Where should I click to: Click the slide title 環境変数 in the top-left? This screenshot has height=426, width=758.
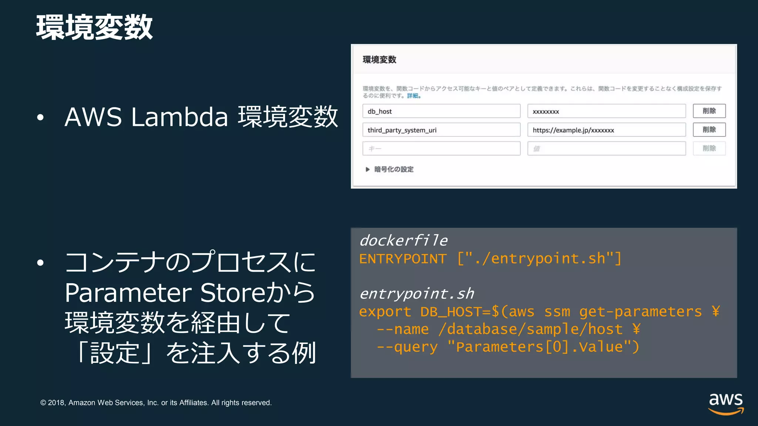coord(94,27)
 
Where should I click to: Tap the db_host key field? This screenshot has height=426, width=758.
coord(441,111)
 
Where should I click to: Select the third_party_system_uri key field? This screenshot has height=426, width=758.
coord(441,130)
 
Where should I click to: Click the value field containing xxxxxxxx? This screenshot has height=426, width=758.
coord(606,111)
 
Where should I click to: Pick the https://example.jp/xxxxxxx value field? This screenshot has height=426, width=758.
coord(606,130)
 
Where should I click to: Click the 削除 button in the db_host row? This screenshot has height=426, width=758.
coord(709,111)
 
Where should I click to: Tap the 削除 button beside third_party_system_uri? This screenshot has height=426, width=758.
coord(709,130)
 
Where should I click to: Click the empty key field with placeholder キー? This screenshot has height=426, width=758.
coord(441,149)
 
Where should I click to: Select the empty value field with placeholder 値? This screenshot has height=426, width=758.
coord(606,149)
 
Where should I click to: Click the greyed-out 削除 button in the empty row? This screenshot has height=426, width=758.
coord(709,149)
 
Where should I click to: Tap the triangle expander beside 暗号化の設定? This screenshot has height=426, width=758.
coord(368,169)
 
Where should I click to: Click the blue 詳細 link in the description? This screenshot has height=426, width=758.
coord(413,96)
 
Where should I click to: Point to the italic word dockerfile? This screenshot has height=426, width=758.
coord(403,241)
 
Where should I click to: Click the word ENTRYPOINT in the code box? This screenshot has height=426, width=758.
coord(403,259)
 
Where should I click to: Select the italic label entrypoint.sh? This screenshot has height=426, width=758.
coord(417,294)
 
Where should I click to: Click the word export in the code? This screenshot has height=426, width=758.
coord(385,312)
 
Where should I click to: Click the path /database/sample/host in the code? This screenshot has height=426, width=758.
coord(530,329)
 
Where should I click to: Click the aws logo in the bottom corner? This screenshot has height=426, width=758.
coord(725,404)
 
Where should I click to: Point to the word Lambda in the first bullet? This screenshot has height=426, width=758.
coord(180,117)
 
